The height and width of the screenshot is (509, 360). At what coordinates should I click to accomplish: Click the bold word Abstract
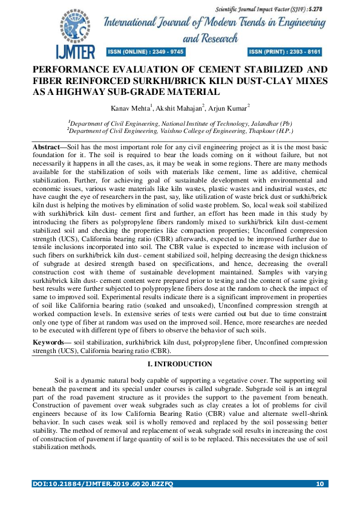(x=48, y=148)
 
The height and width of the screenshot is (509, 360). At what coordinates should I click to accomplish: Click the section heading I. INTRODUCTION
(x=180, y=364)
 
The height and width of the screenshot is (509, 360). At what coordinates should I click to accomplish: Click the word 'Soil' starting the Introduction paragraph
(x=61, y=380)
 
